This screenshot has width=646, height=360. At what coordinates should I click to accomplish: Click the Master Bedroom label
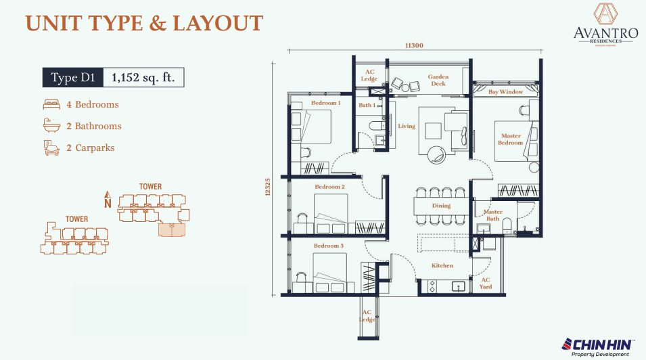click(x=511, y=139)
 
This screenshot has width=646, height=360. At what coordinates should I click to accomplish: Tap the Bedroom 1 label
click(x=325, y=103)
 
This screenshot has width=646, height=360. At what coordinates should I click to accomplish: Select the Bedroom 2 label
click(x=329, y=187)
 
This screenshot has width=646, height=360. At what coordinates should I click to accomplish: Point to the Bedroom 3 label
click(x=328, y=246)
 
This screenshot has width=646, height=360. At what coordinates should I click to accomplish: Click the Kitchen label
click(x=442, y=265)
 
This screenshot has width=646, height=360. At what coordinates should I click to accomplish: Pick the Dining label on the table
click(x=441, y=206)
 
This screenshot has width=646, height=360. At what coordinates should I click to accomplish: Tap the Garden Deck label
click(x=438, y=81)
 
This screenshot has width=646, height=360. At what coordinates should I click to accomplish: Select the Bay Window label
click(x=506, y=91)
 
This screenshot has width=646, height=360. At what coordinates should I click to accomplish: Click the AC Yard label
click(x=486, y=283)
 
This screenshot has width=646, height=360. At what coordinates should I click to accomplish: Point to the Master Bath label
click(x=492, y=215)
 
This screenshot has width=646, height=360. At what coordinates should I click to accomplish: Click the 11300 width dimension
click(x=414, y=45)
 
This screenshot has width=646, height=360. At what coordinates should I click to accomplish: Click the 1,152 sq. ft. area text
click(x=143, y=78)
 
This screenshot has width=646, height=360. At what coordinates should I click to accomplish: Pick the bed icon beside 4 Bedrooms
click(x=51, y=105)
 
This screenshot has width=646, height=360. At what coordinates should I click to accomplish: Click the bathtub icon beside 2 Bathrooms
click(x=51, y=126)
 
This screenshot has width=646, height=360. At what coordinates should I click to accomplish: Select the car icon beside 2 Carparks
click(x=51, y=148)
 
